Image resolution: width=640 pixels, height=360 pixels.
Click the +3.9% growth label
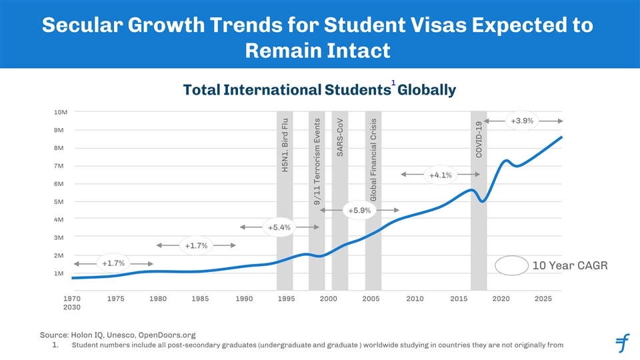(x=521, y=121)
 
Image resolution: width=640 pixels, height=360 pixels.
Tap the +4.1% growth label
(x=440, y=175)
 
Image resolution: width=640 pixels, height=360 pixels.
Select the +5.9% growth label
(x=359, y=211)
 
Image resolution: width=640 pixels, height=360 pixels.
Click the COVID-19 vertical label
(x=479, y=140)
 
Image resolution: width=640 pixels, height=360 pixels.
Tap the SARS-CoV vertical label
(x=339, y=140)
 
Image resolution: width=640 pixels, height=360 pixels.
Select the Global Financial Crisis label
(x=373, y=160)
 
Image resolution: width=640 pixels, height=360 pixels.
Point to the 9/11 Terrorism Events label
(x=317, y=164)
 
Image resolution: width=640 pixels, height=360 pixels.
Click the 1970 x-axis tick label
(x=72, y=299)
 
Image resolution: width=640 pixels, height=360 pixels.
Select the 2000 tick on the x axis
(x=327, y=299)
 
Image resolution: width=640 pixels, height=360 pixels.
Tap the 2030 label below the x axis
(x=72, y=307)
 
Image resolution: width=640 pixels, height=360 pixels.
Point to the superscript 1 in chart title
(x=393, y=83)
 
